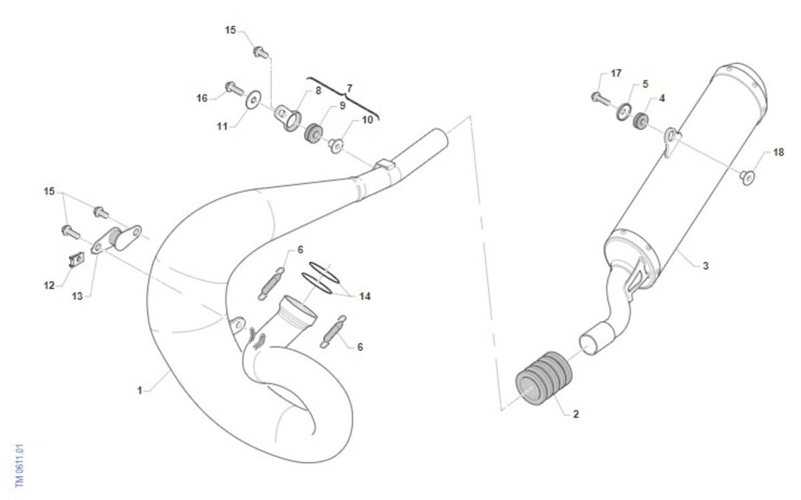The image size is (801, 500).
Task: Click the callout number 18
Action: click(x=778, y=152)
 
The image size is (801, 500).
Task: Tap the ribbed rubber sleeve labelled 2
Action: click(x=543, y=379)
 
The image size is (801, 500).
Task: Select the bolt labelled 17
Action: click(x=600, y=98)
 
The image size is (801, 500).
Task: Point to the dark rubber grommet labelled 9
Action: click(x=313, y=132)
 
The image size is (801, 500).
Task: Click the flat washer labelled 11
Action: click(x=254, y=99)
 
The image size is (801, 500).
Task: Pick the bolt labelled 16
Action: click(x=234, y=88)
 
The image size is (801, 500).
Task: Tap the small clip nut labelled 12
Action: click(x=77, y=259)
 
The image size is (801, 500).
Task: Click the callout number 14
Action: click(x=364, y=296)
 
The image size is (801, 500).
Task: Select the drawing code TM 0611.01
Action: click(x=19, y=465)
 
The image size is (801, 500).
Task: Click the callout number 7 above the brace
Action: click(x=349, y=87)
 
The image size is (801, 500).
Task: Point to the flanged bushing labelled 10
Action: click(x=336, y=146)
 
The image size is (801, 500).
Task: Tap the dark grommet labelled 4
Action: click(x=640, y=121)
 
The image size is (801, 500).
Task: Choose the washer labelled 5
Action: click(x=623, y=112)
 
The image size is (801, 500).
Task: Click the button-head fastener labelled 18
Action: click(x=747, y=178)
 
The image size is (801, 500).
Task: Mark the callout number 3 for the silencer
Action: click(x=705, y=266)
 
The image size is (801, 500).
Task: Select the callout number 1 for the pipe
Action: click(x=140, y=391)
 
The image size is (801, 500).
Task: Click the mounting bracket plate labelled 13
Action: click(x=117, y=239)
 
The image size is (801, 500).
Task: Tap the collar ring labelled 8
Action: click(x=288, y=117)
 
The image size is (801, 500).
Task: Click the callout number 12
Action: click(x=49, y=286)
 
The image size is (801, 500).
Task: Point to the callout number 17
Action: click(x=615, y=73)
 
